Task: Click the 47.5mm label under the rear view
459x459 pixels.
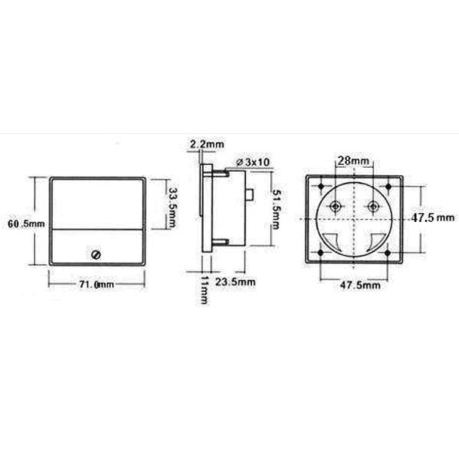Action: (354, 285)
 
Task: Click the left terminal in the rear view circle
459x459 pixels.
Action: (335, 207)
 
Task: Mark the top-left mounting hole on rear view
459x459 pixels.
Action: (322, 187)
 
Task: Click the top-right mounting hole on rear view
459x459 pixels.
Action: (386, 187)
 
